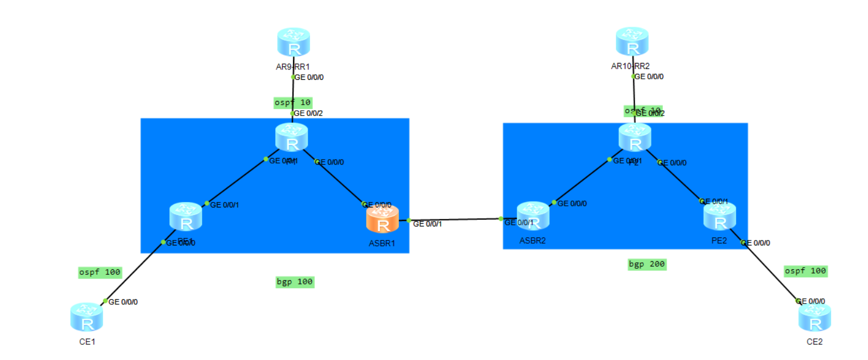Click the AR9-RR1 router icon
click(293, 42)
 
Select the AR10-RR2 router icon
click(632, 41)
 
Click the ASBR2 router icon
click(533, 216)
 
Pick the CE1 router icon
click(86, 317)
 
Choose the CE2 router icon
click(814, 317)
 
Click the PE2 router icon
click(719, 216)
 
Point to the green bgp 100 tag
click(295, 282)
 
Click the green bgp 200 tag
click(647, 264)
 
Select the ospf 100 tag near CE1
click(100, 273)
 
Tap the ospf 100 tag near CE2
click(806, 271)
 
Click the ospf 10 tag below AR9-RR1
click(293, 103)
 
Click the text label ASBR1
click(382, 243)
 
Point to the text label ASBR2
click(532, 241)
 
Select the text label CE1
click(87, 342)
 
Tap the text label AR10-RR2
click(630, 66)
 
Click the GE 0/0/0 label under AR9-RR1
click(309, 78)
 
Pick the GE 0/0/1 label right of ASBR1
click(427, 224)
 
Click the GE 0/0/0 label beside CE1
click(123, 302)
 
